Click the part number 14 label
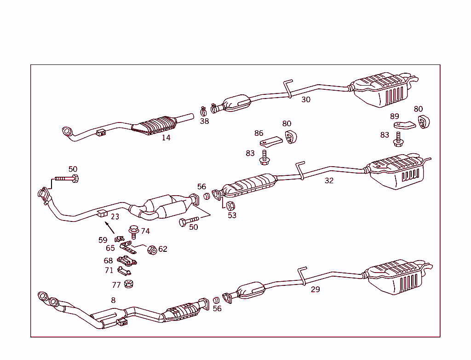click(166, 138)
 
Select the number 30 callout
click(306, 99)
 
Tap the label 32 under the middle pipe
click(329, 180)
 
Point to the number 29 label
click(315, 289)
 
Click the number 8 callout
click(113, 300)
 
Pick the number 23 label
click(115, 216)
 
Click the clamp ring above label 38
click(204, 111)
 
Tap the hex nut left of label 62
click(151, 250)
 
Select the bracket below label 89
click(404, 125)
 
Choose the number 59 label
click(103, 240)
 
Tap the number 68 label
click(108, 261)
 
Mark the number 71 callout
click(109, 271)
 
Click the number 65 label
click(110, 248)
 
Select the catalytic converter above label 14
click(155, 125)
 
